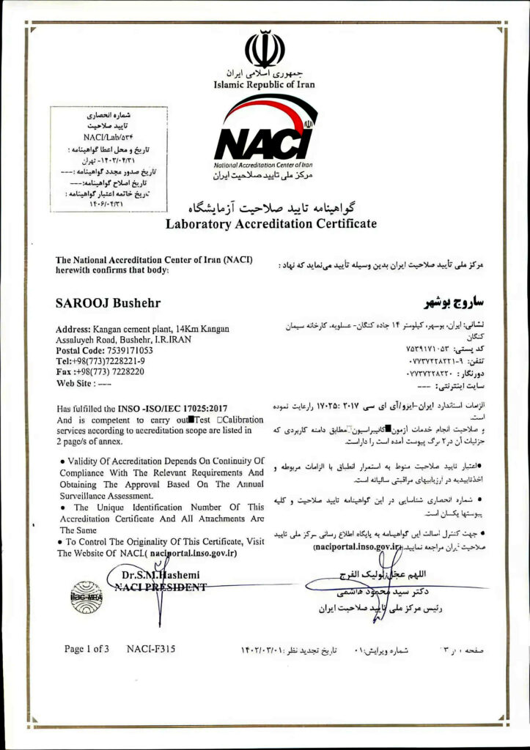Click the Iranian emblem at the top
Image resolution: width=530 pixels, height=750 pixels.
tap(264, 49)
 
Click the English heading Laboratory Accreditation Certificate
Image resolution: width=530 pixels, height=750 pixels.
tap(270, 223)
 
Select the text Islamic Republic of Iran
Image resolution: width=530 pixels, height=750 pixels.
tap(264, 85)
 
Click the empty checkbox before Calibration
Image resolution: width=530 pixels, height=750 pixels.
tap(220, 420)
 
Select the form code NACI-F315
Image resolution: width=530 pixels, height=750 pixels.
tap(150, 649)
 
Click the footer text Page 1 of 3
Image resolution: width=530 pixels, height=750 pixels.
tap(87, 649)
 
